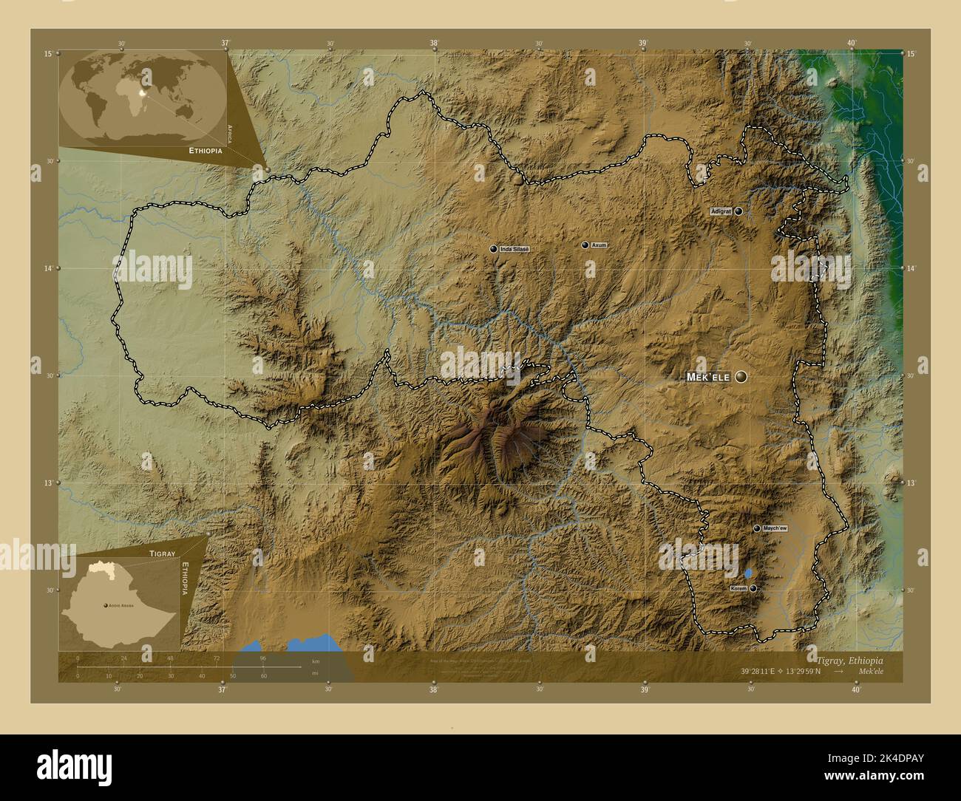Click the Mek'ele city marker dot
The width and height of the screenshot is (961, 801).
pyautogui.click(x=741, y=377)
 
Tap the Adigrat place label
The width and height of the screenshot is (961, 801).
pyautogui.click(x=720, y=211)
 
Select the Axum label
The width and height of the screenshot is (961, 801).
pyautogui.click(x=599, y=245)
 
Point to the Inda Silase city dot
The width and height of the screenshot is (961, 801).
pyautogui.click(x=493, y=250)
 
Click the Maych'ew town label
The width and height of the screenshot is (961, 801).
pyautogui.click(x=775, y=528)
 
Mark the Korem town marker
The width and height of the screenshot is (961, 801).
pyautogui.click(x=753, y=588)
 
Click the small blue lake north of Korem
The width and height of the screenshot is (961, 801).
pyautogui.click(x=748, y=573)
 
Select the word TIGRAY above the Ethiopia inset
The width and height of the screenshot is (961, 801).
pyautogui.click(x=162, y=553)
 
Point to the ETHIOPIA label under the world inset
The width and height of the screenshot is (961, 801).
pyautogui.click(x=206, y=150)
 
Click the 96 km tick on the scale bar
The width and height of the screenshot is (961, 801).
pyautogui.click(x=262, y=658)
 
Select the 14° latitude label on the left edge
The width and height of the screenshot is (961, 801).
pyautogui.click(x=48, y=269)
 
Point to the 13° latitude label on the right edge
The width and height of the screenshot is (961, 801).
pyautogui.click(x=911, y=483)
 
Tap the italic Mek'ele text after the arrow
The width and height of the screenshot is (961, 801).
pyautogui.click(x=871, y=672)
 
